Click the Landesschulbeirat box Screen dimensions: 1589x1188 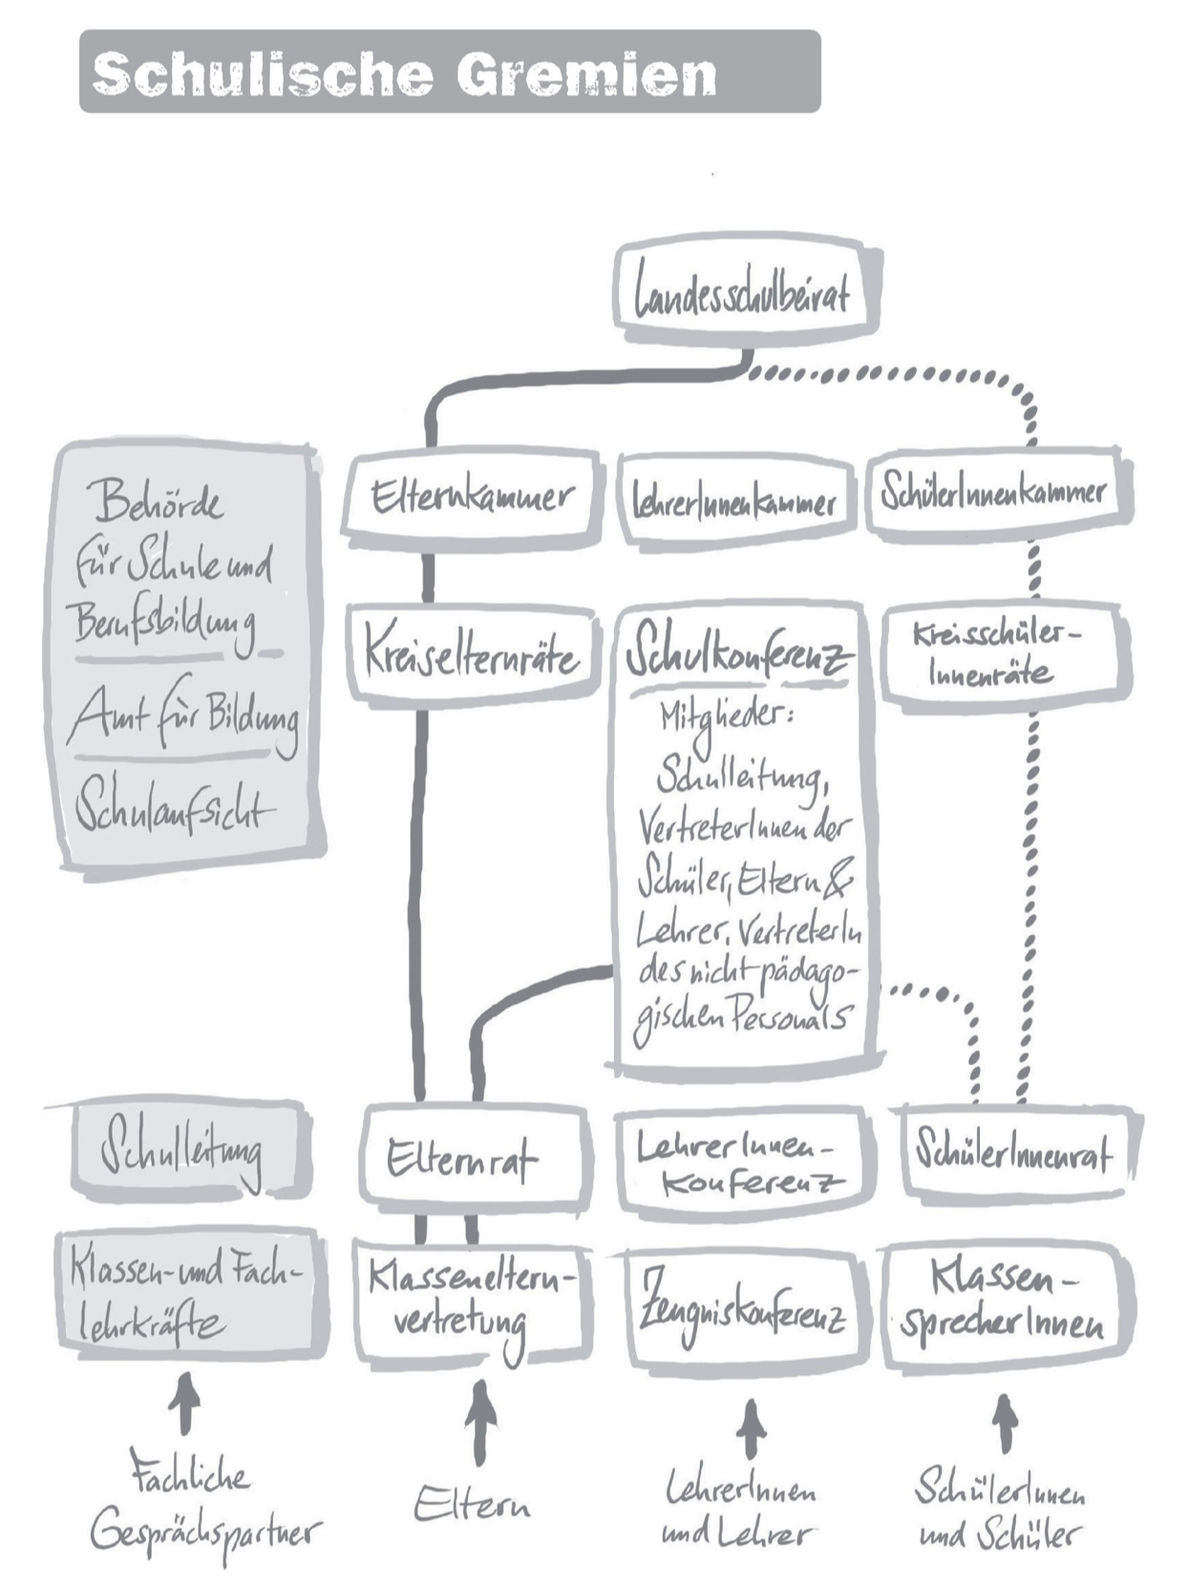click(x=743, y=290)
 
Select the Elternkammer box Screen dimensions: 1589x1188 click(x=472, y=496)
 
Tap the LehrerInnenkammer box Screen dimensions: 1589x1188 click(x=734, y=501)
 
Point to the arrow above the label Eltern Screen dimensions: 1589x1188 click(x=480, y=1420)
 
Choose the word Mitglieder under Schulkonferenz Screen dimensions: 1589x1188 click(x=726, y=719)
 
